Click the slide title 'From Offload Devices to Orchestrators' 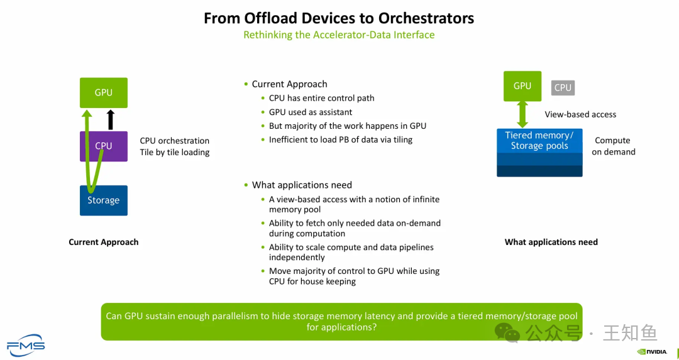339,18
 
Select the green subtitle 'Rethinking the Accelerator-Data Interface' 339,35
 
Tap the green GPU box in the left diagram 104,92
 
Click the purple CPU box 104,146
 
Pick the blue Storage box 104,200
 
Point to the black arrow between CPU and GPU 111,119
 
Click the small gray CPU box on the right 563,87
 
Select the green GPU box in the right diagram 522,86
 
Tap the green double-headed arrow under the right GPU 522,115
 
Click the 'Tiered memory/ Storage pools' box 539,141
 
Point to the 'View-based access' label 580,114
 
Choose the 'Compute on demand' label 613,146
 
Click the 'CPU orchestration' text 174,141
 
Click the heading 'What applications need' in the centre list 302,185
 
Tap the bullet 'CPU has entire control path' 321,98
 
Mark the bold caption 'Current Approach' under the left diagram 104,242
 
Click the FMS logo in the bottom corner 26,344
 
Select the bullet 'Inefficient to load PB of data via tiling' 340,139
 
